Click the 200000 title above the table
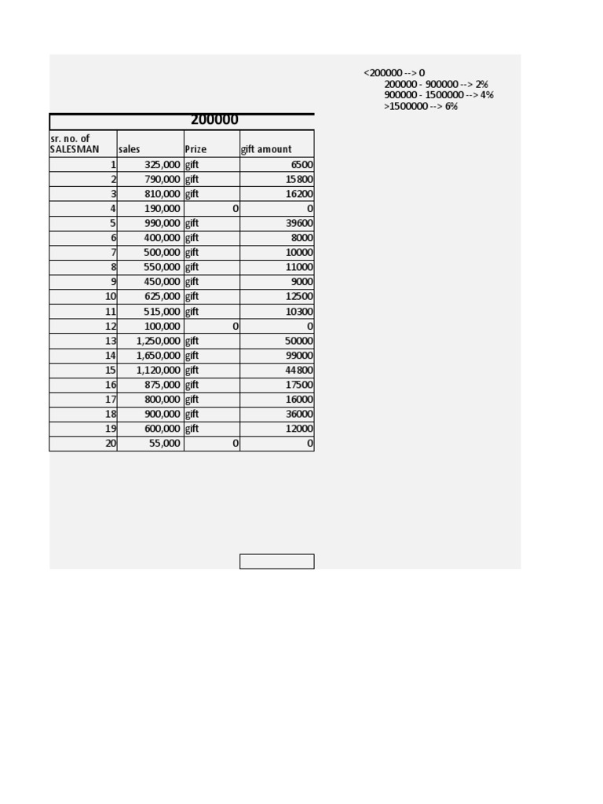pos(214,120)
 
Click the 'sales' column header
pos(130,149)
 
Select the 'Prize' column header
pos(196,149)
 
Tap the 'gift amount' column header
pos(266,149)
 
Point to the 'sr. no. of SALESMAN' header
pos(75,144)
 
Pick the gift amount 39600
pos(301,223)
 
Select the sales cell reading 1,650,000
pos(158,356)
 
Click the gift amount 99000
pos(301,356)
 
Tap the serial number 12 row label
pos(111,326)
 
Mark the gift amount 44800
pos(301,371)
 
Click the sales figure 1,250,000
pos(158,341)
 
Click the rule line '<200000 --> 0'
pos(394,73)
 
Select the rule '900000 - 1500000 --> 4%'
pos(439,95)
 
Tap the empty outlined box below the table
pos(276,561)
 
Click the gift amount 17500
pos(301,385)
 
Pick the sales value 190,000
pos(163,209)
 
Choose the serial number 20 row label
pos(111,444)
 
